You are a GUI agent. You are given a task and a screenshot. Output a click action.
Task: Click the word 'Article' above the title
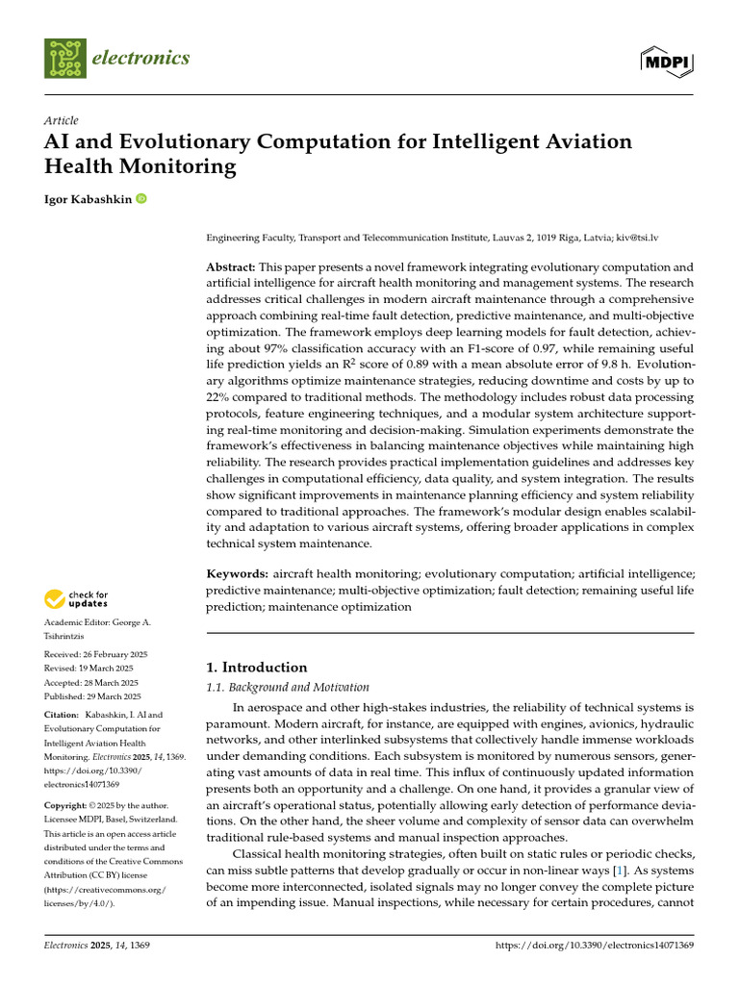[x=62, y=120]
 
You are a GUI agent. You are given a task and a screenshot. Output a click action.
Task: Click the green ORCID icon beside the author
[x=141, y=198]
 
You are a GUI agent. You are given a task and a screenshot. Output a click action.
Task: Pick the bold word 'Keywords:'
[x=238, y=573]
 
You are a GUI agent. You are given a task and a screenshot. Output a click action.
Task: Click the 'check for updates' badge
[x=77, y=600]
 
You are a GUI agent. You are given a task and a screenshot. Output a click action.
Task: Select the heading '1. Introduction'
[x=257, y=667]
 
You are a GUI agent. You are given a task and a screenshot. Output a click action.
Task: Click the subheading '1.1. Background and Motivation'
[x=288, y=688]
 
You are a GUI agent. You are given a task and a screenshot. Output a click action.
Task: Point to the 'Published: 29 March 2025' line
[x=92, y=696]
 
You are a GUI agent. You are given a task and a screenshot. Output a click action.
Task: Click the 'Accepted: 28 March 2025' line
[x=91, y=682]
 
